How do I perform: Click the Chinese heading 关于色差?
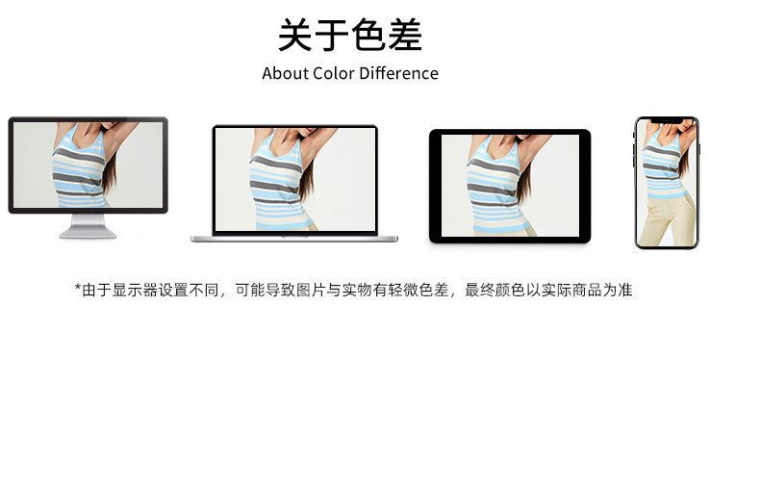pos(350,35)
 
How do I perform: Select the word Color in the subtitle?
pos(334,73)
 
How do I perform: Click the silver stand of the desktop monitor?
pos(88,226)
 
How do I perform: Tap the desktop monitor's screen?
pos(88,165)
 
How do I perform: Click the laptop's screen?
pos(295,179)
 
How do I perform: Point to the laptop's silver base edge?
pos(294,239)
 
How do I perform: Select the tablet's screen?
pos(510,186)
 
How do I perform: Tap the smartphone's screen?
pos(667,183)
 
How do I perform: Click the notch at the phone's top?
pos(667,119)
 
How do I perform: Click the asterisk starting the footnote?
pos(78,287)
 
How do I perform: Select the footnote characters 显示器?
pos(135,290)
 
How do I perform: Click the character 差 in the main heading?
pos(405,35)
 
